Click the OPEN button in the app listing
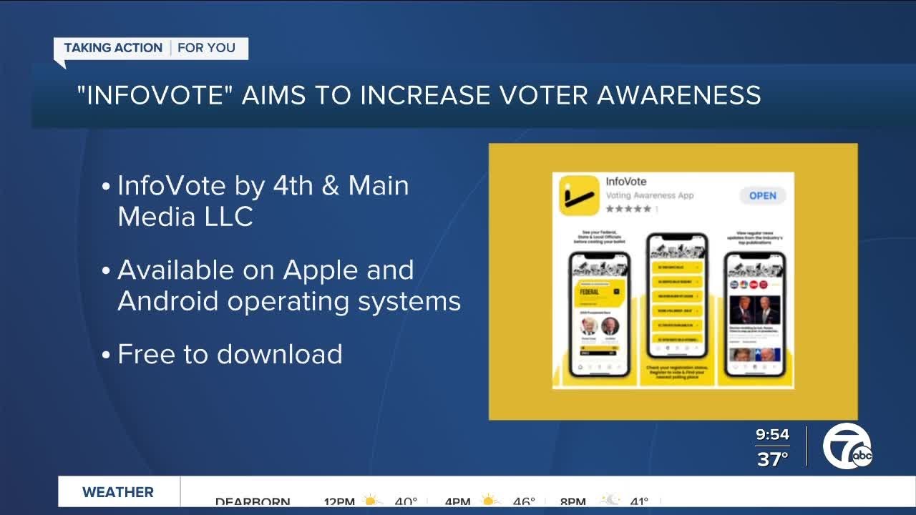click(x=762, y=196)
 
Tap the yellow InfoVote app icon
click(x=578, y=195)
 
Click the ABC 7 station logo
click(x=847, y=448)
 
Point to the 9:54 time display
click(x=772, y=434)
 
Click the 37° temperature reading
click(x=772, y=458)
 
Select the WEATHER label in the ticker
click(x=118, y=492)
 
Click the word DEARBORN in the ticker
click(x=253, y=501)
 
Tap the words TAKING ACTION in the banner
click(x=113, y=48)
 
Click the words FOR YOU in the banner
click(x=206, y=48)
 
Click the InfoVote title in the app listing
click(x=626, y=182)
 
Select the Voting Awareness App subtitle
click(x=650, y=195)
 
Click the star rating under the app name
click(x=628, y=209)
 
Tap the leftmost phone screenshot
click(x=599, y=315)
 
